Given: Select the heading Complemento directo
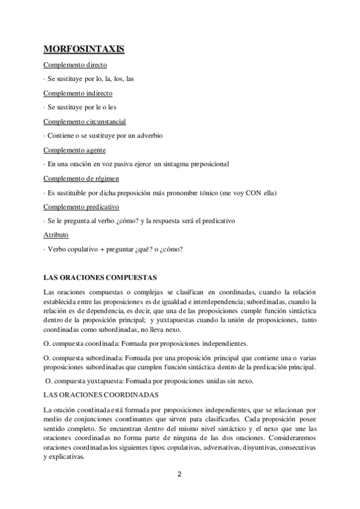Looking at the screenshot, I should [x=76, y=65].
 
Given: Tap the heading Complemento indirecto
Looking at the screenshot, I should [x=79, y=93].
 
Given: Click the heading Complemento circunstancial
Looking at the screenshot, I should [x=85, y=121].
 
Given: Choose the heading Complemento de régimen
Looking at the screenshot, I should [x=81, y=178].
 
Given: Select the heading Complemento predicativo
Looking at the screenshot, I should [x=82, y=206].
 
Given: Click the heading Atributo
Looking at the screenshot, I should [x=56, y=235].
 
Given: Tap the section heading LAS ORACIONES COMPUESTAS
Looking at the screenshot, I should [x=100, y=277].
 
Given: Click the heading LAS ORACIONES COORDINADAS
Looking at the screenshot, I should [x=100, y=395].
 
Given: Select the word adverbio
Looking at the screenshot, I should [x=149, y=136].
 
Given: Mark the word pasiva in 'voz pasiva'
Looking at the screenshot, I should [x=123, y=164].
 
